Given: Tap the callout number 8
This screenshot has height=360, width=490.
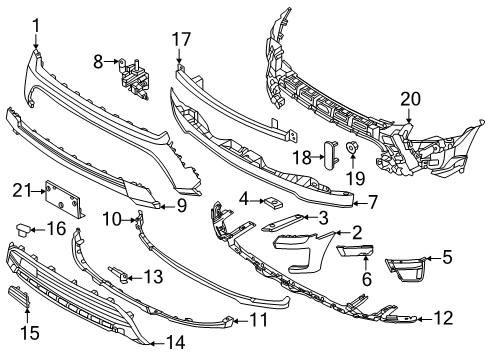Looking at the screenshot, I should click(x=98, y=63).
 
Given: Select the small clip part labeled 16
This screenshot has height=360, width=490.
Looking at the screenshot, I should click(x=19, y=231).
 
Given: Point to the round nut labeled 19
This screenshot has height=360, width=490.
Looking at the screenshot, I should click(x=353, y=150).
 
